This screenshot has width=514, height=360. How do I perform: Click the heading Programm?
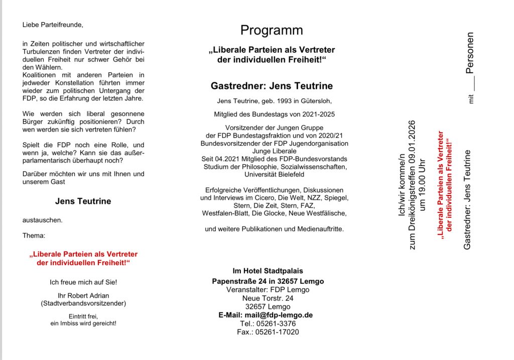[x=272, y=31]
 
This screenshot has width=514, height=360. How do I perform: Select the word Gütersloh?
[x=315, y=101]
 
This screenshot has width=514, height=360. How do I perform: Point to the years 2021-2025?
[x=313, y=114]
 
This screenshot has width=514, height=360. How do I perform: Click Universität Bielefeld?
[x=274, y=174]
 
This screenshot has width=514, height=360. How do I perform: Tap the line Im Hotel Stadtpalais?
[x=268, y=271]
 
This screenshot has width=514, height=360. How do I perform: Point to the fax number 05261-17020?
[x=277, y=332]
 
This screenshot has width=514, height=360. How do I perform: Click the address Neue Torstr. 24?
[x=268, y=298]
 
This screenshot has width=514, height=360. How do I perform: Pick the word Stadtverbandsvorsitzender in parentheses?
[x=83, y=303]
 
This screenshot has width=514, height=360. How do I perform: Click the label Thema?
[x=34, y=235]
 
